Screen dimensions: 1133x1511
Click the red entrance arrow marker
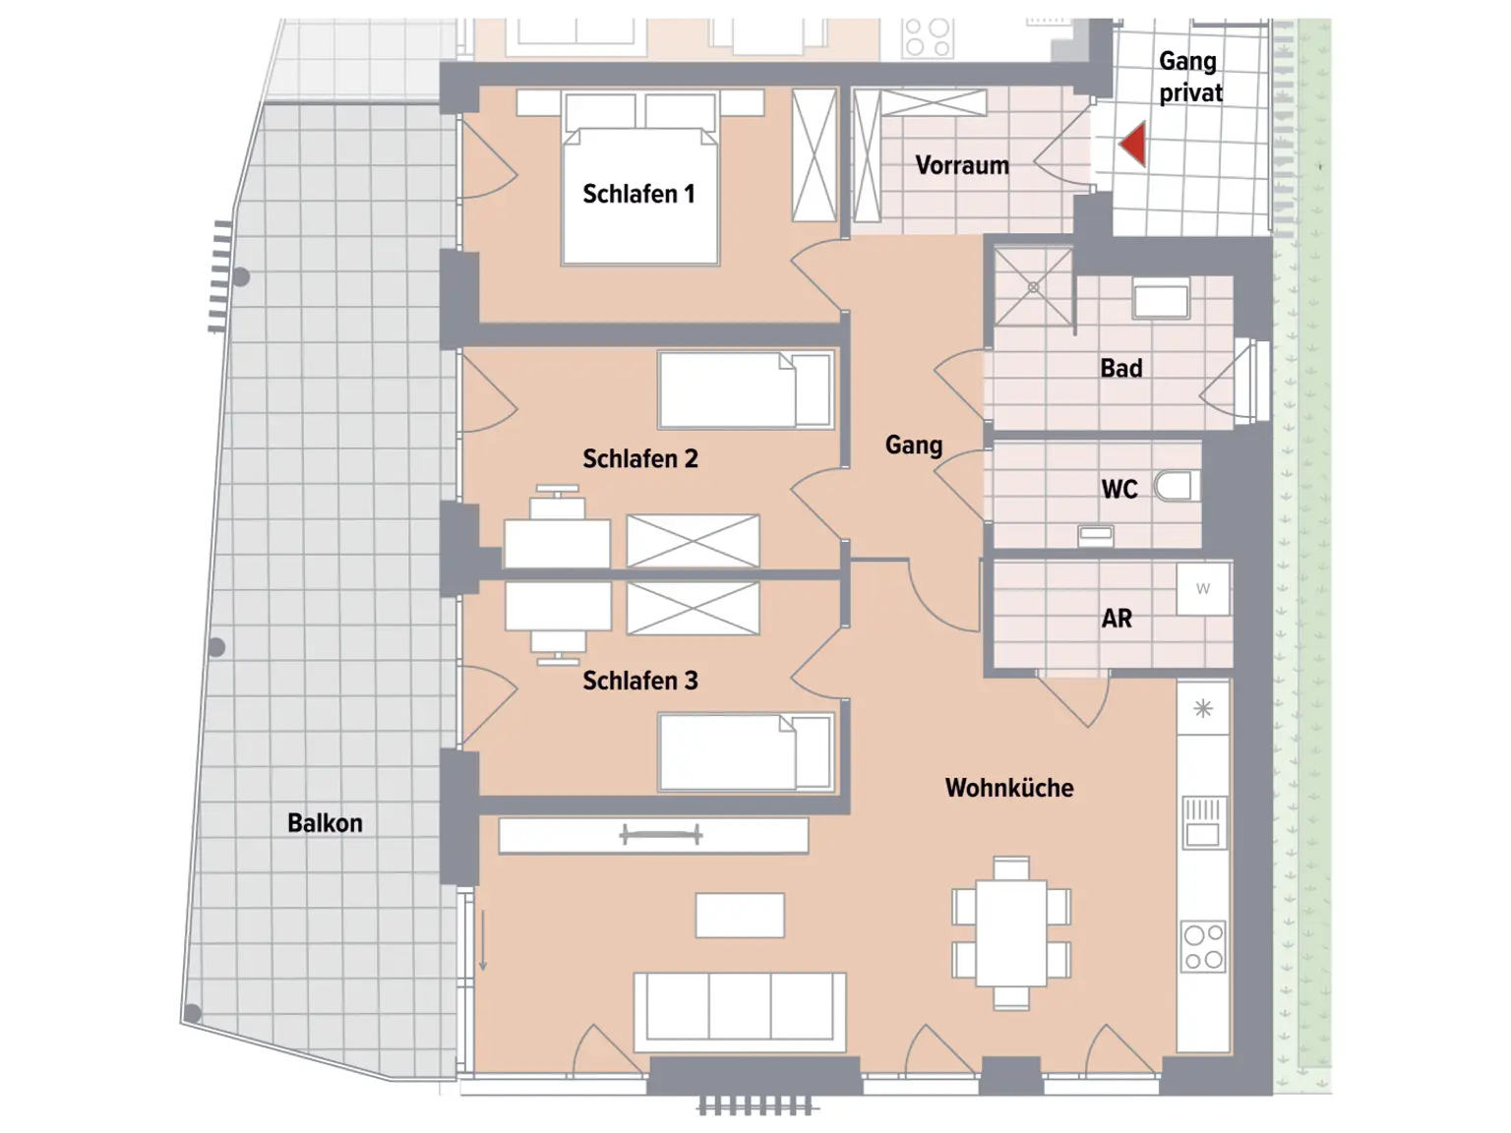pos(1134,145)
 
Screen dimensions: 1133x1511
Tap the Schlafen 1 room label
pos(638,194)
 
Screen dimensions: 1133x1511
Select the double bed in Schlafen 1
pos(639,197)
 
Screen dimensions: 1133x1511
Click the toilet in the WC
pos(1174,486)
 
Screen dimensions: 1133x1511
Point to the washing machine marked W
pos(1203,589)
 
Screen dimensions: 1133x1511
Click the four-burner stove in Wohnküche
pos(1203,946)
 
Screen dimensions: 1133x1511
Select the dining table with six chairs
pos(1011,932)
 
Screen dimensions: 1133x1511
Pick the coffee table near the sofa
pos(740,916)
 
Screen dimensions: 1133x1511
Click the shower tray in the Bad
pos(1033,286)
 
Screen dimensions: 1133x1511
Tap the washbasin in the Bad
pos(1161,298)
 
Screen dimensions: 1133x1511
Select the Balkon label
pos(325,823)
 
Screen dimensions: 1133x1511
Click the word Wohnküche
pos(1009,788)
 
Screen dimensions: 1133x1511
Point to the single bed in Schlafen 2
pos(746,390)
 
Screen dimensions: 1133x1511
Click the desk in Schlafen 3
pos(558,606)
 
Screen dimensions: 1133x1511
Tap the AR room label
pos(1117,619)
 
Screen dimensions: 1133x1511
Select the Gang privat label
pos(1190,77)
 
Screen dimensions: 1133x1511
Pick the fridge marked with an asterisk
pos(1203,708)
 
